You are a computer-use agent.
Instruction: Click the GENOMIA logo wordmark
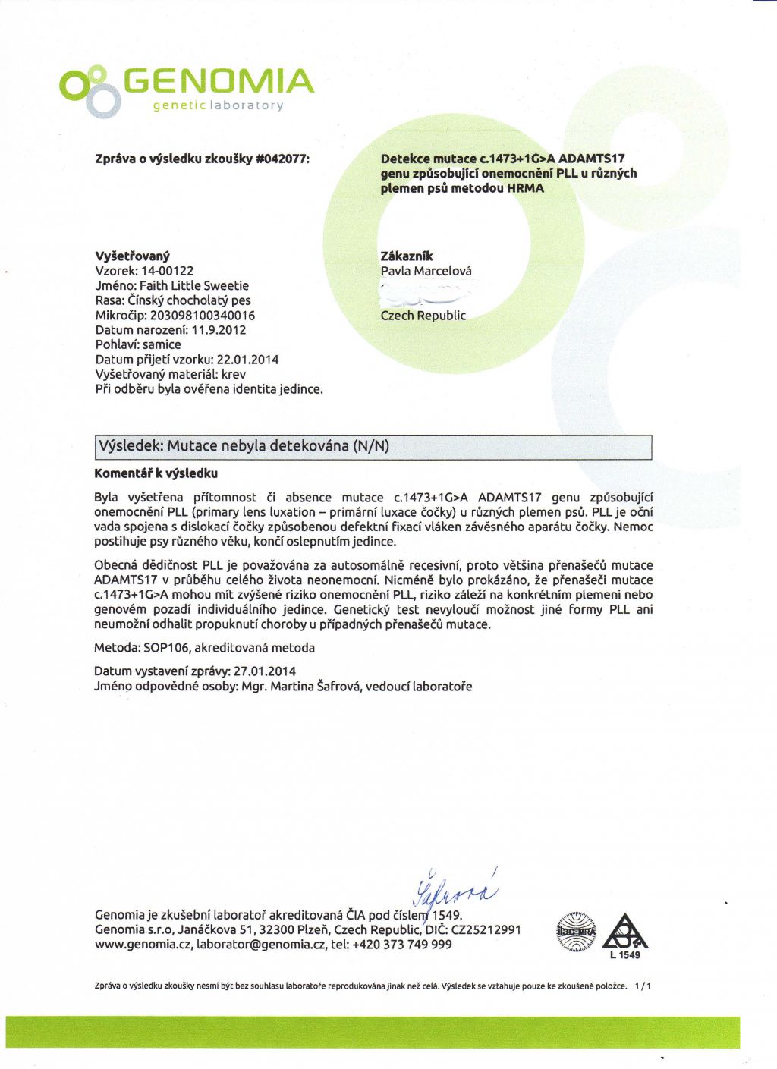click(218, 81)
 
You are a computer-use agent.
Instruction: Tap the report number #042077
click(283, 159)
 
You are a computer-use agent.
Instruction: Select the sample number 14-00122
click(168, 271)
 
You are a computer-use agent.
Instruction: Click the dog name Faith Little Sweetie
click(194, 285)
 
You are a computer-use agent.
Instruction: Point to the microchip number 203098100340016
click(203, 315)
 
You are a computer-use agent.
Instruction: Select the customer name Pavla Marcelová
click(426, 271)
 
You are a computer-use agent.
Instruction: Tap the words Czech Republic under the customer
click(423, 316)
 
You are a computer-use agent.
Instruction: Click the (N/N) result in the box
click(371, 446)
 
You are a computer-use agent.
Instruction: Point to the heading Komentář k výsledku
click(156, 473)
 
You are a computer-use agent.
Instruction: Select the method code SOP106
click(165, 648)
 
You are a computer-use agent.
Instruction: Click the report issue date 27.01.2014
click(265, 671)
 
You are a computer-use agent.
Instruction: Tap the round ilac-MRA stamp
click(577, 932)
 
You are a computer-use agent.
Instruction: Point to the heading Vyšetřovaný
click(132, 256)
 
